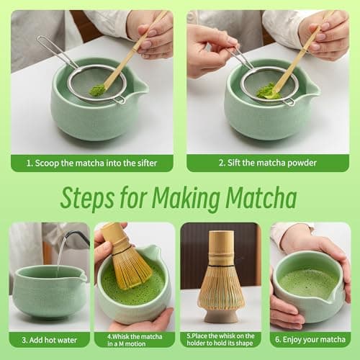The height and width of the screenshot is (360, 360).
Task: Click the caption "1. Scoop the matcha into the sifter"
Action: pyautogui.click(x=92, y=163)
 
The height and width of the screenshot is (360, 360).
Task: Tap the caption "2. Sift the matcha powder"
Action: pyautogui.click(x=268, y=163)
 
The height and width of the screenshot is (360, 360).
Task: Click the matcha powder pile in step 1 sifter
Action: pyautogui.click(x=96, y=90)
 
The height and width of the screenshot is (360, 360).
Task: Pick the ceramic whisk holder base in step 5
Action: pyautogui.click(x=221, y=315)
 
